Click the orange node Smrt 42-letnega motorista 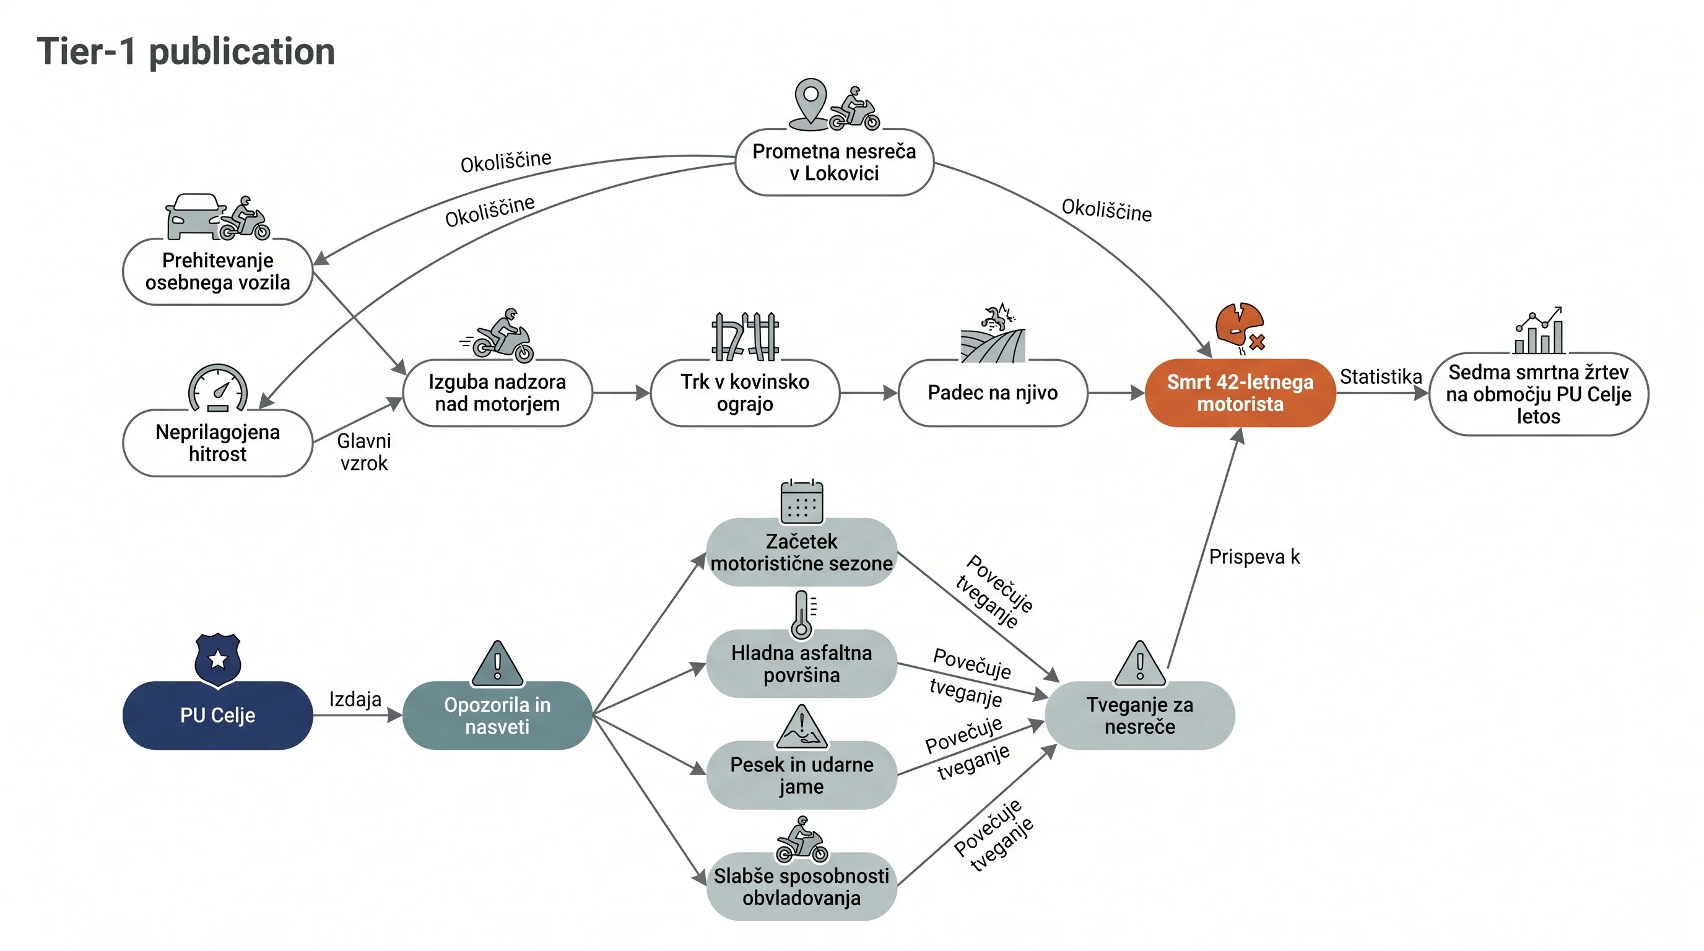pyautogui.click(x=1240, y=393)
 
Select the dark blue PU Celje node pyautogui.click(x=217, y=715)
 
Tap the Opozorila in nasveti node pyautogui.click(x=497, y=715)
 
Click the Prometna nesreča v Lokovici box pyautogui.click(x=834, y=162)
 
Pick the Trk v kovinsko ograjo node pyautogui.click(x=745, y=393)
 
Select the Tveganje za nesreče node pyautogui.click(x=1140, y=715)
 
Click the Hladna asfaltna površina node pyautogui.click(x=802, y=663)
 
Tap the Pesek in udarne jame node pyautogui.click(x=802, y=775)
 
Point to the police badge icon pyautogui.click(x=217, y=660)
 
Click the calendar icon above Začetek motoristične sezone pyautogui.click(x=802, y=502)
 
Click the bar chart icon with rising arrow pyautogui.click(x=1539, y=330)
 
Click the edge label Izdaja pyautogui.click(x=355, y=699)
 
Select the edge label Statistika pyautogui.click(x=1381, y=376)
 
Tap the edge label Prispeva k pyautogui.click(x=1254, y=557)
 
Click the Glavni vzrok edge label pyautogui.click(x=364, y=452)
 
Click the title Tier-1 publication pyautogui.click(x=186, y=51)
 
